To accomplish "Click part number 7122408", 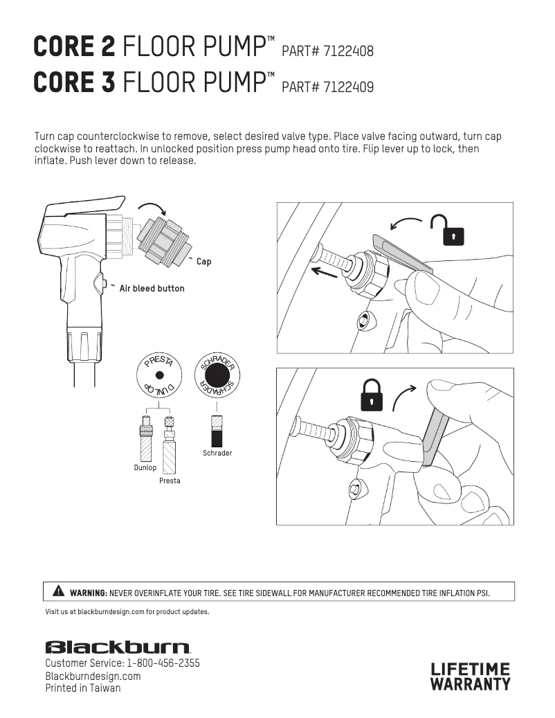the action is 348,51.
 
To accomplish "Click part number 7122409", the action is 348,87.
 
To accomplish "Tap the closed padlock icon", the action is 372,395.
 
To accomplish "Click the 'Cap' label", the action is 203,262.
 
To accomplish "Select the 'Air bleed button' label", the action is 152,289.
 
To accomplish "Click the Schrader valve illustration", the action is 217,431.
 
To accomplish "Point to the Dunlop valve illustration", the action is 146,438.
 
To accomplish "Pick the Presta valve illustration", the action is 170,445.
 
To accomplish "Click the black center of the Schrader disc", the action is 217,375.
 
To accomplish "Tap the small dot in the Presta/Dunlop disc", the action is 159,375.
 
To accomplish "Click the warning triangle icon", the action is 59,591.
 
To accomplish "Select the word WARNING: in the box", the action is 89,593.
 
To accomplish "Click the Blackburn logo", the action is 118,647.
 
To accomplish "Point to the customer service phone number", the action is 163,663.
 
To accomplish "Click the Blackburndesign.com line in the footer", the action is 93,676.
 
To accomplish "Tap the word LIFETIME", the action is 470,670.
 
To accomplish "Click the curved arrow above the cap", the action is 153,206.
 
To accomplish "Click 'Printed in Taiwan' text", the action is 83,688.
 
